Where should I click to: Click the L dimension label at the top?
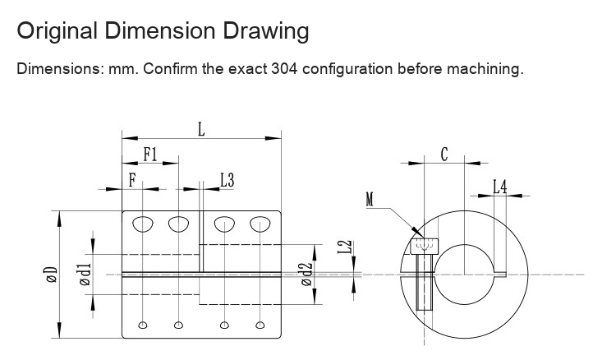point(201,129)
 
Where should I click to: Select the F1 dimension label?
point(150,154)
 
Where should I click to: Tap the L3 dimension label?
point(227,180)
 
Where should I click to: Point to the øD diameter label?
point(52,275)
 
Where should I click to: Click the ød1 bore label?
point(85,274)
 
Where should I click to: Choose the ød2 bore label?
point(306,274)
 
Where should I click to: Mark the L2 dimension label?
point(345,247)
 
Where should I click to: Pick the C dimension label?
point(444,155)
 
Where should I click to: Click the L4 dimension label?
point(499,187)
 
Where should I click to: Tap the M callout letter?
point(370,199)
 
